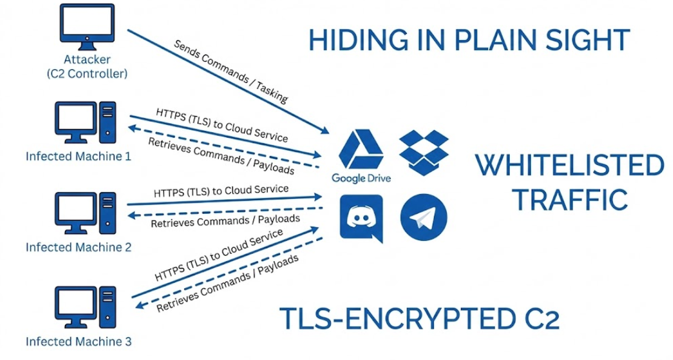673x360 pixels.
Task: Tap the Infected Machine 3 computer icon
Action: (84, 307)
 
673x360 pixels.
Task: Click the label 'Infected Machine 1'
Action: (78, 156)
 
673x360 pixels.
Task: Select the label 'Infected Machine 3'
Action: (78, 341)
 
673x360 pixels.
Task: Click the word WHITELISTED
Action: (568, 166)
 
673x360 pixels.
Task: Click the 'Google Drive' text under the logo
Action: (361, 178)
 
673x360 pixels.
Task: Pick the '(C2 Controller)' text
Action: (85, 75)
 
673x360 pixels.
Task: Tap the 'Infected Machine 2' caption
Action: (78, 247)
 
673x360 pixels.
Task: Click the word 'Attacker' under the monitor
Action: (85, 61)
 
